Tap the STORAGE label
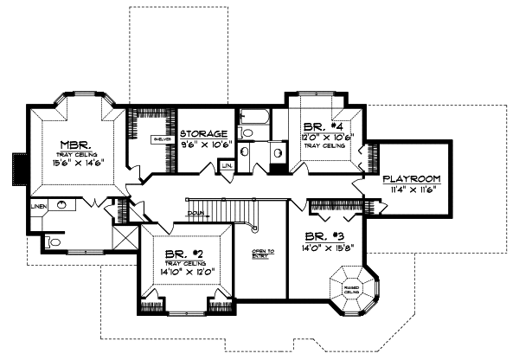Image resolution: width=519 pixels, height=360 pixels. (x=204, y=134)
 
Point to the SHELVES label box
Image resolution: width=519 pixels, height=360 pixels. (x=160, y=138)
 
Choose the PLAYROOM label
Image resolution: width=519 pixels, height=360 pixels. (x=413, y=178)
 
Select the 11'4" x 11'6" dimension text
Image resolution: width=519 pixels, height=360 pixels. (x=413, y=189)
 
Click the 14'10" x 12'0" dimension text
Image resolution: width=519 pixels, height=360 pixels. (x=185, y=272)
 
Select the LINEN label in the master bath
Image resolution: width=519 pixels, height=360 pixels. (x=38, y=208)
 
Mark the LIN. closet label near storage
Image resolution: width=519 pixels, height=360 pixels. (x=227, y=164)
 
